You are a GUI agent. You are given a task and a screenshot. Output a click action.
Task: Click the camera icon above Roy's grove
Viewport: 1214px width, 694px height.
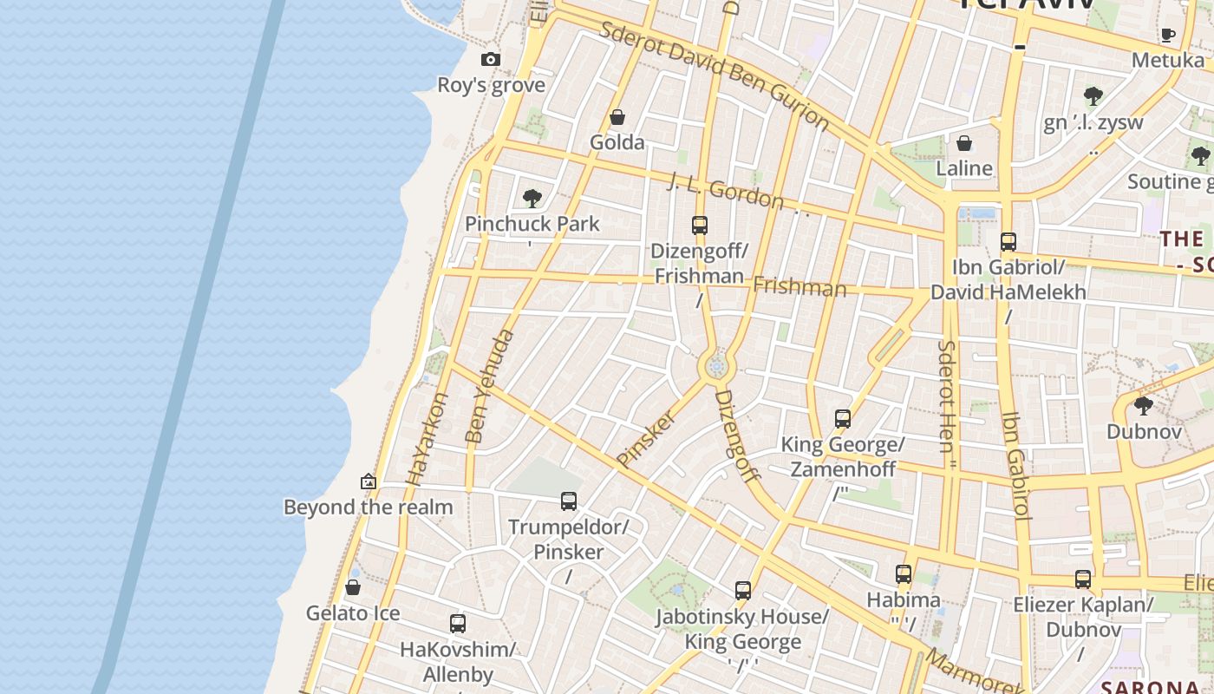pos(491,59)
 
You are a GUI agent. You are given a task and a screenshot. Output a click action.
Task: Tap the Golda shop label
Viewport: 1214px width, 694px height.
pos(617,142)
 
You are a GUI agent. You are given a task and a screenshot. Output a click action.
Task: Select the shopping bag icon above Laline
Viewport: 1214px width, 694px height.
pos(964,143)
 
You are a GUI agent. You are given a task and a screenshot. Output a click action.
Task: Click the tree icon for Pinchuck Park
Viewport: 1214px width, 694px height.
pos(532,199)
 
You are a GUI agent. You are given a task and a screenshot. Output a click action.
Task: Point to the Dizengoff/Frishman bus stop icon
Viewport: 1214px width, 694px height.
pos(700,226)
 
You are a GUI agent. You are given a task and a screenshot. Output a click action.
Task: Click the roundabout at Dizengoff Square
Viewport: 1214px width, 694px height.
pos(716,368)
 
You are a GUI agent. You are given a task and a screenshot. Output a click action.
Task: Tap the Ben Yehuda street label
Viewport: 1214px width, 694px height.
pos(489,386)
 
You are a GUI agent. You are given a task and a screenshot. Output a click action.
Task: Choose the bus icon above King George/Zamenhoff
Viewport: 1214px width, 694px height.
pos(843,419)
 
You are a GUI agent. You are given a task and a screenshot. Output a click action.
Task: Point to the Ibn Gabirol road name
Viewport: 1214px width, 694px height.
pos(1015,464)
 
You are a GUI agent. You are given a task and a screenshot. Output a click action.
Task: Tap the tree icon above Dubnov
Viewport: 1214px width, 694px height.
pos(1144,405)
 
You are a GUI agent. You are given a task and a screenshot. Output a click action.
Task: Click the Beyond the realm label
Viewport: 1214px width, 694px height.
pos(369,507)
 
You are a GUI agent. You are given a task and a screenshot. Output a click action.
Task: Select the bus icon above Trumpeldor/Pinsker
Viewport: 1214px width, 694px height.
pos(569,501)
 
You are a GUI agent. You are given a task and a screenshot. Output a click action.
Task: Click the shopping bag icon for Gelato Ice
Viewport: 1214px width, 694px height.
pos(353,588)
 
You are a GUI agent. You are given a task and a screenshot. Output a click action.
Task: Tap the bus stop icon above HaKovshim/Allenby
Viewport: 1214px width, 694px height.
pos(458,623)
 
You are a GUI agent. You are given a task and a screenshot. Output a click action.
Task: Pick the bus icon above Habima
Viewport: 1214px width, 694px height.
pos(904,574)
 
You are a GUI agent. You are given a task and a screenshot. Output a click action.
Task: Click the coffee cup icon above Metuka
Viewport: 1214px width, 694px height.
pos(1168,35)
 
